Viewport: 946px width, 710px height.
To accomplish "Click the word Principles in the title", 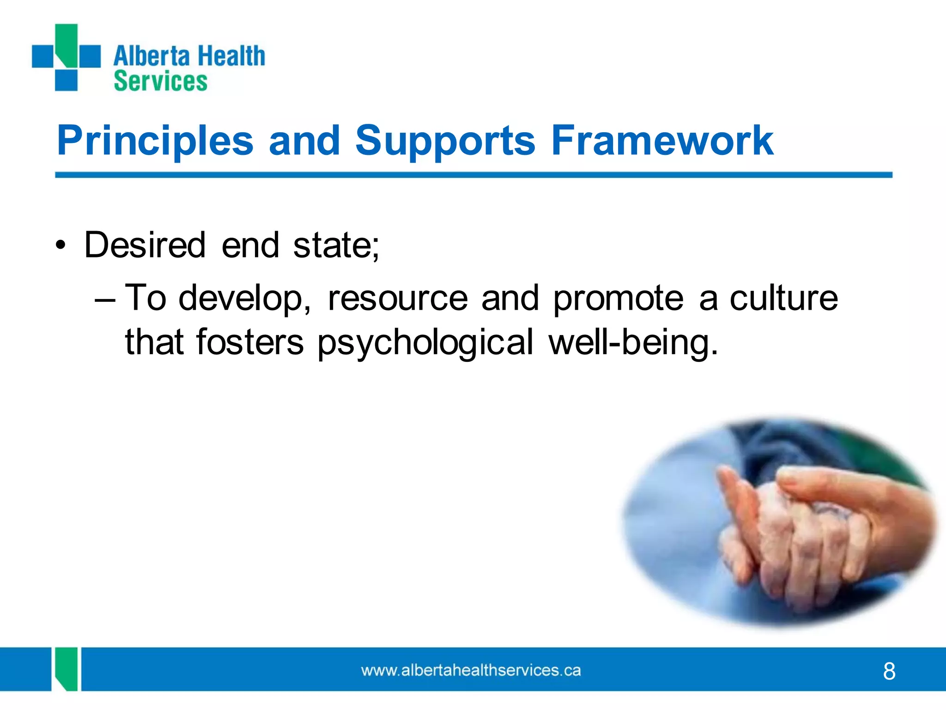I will [x=155, y=141].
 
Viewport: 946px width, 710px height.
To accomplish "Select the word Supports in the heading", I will [x=445, y=141].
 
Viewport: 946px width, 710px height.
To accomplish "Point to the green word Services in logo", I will [x=160, y=81].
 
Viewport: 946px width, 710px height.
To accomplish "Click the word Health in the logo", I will [x=231, y=56].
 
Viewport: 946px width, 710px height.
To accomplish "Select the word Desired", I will [x=145, y=245].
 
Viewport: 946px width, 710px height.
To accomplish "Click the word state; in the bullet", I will [x=336, y=245].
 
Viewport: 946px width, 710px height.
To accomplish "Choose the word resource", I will [x=398, y=298].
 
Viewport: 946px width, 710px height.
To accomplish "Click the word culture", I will [x=783, y=298].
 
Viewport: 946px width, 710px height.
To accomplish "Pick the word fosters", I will [x=250, y=342].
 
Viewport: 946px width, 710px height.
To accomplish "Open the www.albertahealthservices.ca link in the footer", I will [x=471, y=670].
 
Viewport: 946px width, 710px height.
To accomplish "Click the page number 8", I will [x=889, y=671].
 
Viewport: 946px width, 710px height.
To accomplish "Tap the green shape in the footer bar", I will [x=66, y=669].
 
